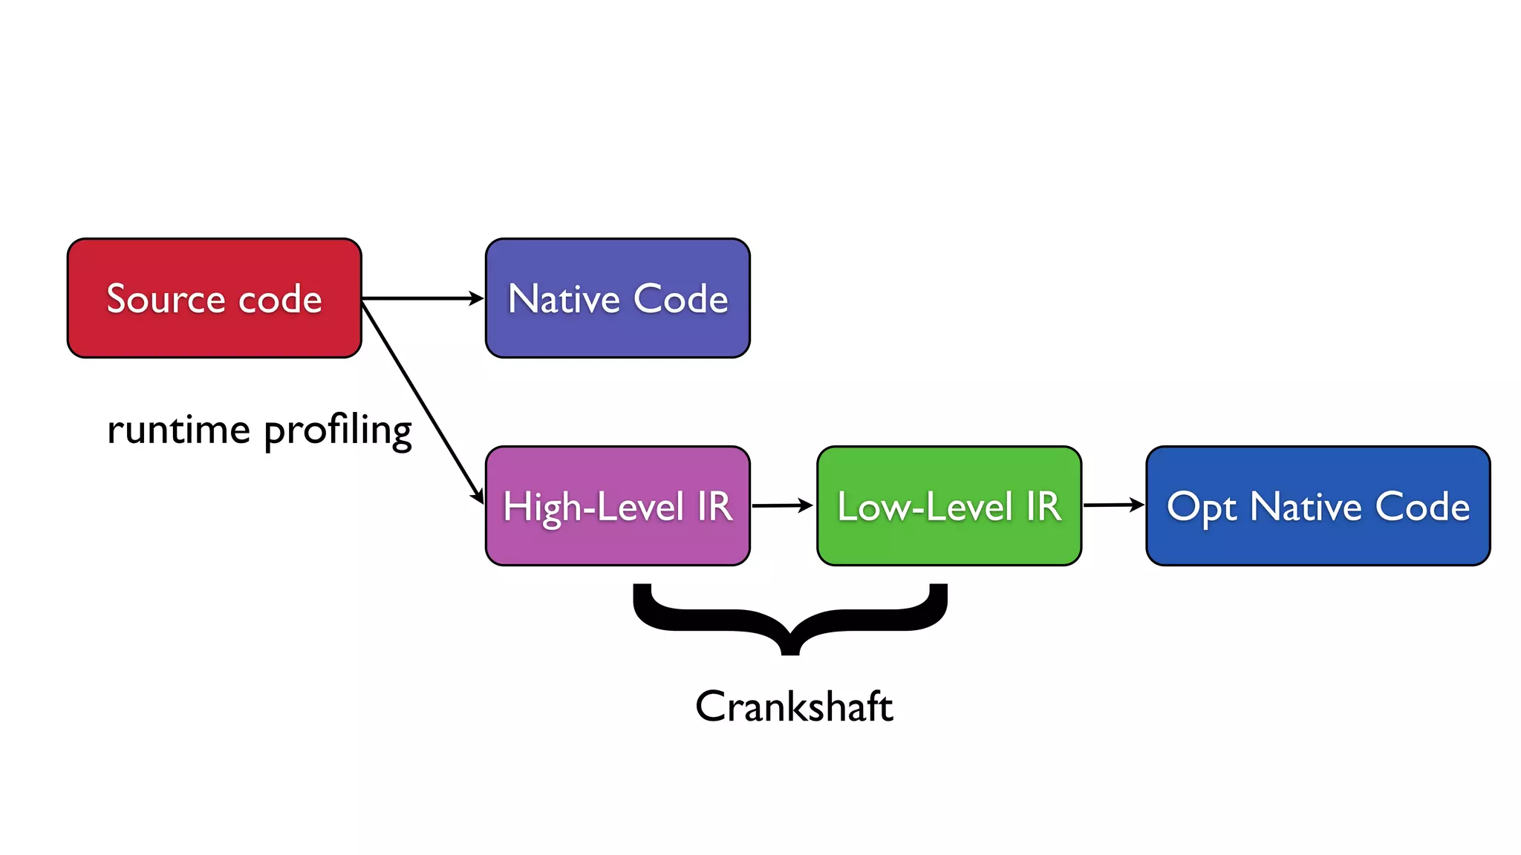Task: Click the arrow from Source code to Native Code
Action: click(422, 298)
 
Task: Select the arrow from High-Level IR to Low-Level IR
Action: click(782, 505)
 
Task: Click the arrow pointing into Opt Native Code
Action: click(1113, 505)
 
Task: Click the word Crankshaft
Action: click(793, 706)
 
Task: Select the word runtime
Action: click(178, 430)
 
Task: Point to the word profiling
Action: click(337, 430)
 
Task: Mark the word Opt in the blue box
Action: click(1201, 508)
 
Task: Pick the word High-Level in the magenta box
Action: click(593, 508)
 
